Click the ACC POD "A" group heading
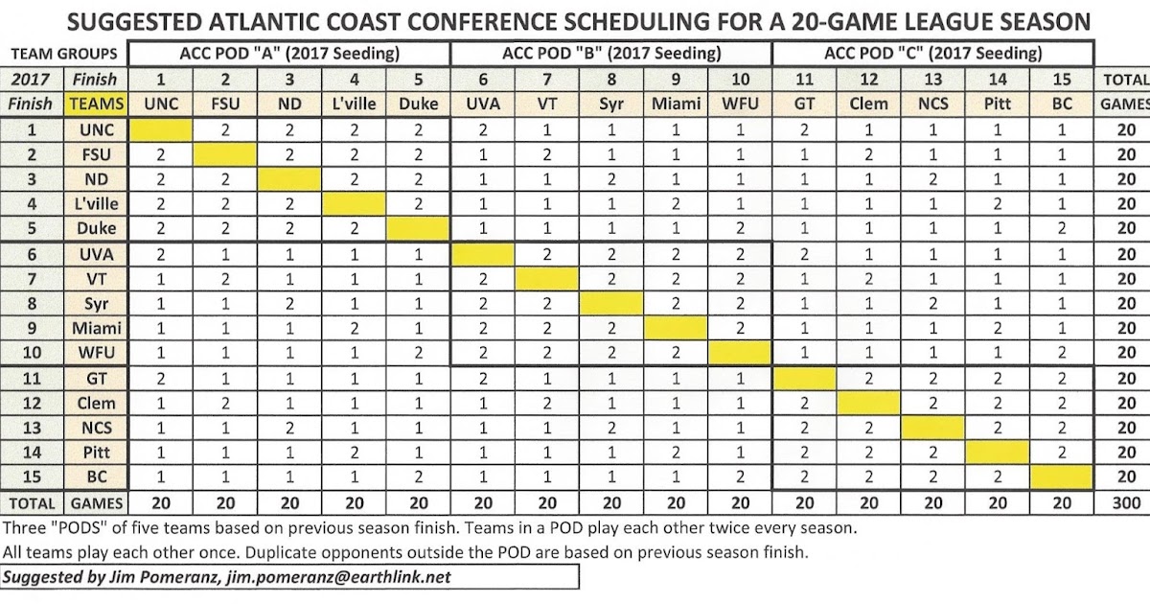tap(288, 55)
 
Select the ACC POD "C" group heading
tap(932, 55)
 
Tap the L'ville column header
tap(354, 104)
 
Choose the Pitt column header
tap(997, 104)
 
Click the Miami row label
tap(94, 328)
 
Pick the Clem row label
tap(94, 403)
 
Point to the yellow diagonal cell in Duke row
tap(418, 228)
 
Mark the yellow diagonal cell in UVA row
tap(482, 253)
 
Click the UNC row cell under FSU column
tap(224, 128)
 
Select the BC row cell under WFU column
tap(739, 477)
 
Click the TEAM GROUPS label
tap(63, 55)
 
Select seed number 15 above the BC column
tap(1061, 80)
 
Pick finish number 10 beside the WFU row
tap(32, 353)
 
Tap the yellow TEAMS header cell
tap(94, 104)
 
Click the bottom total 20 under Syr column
tap(610, 502)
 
